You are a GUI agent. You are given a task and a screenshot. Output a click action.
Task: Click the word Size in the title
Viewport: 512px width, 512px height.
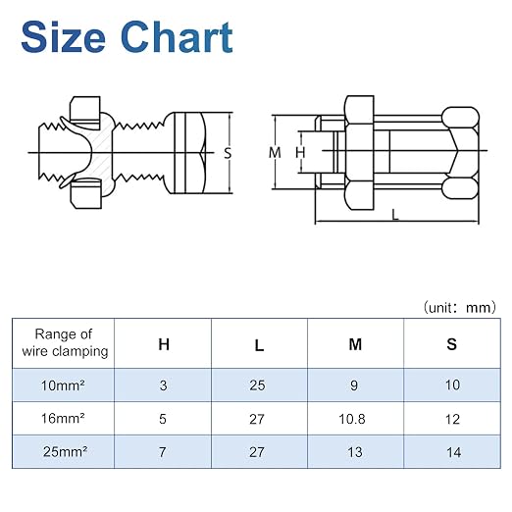63,36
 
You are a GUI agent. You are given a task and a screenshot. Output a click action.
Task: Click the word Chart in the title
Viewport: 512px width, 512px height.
177,36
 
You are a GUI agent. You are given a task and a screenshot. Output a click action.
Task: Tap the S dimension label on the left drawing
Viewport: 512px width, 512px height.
228,153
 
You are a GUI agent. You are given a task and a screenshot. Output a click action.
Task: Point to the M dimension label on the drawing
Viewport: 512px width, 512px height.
275,153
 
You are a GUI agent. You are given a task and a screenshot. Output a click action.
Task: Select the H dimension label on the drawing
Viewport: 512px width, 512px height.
300,153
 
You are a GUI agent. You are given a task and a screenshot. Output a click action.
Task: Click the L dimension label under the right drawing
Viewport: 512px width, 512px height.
395,215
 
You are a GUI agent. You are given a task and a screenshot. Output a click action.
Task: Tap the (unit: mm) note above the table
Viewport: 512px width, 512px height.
460,308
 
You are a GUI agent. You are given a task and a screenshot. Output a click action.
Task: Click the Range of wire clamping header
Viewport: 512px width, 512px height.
64,342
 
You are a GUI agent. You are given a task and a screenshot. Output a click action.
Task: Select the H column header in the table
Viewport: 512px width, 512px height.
164,344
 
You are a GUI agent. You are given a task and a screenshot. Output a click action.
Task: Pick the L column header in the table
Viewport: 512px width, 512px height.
259,345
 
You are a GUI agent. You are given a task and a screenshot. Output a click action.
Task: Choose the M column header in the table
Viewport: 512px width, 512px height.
355,344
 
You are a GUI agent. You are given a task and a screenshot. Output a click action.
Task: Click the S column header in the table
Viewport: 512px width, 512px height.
451,344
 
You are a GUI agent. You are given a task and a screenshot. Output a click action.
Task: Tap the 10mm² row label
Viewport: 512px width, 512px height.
63,385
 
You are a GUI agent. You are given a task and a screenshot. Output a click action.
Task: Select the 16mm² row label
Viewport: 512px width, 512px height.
63,419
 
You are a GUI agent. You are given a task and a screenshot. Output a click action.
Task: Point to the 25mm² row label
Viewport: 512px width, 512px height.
65,452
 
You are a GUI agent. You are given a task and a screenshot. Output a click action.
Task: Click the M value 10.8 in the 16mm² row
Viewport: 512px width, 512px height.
352,419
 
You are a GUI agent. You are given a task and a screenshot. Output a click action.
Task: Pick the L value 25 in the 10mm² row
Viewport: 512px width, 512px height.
257,385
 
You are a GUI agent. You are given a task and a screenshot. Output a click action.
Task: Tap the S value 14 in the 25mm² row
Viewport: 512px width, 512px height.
454,452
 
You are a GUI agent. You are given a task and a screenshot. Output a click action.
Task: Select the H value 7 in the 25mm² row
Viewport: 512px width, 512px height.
163,452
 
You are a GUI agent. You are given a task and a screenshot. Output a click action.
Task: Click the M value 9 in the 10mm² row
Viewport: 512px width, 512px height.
354,385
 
